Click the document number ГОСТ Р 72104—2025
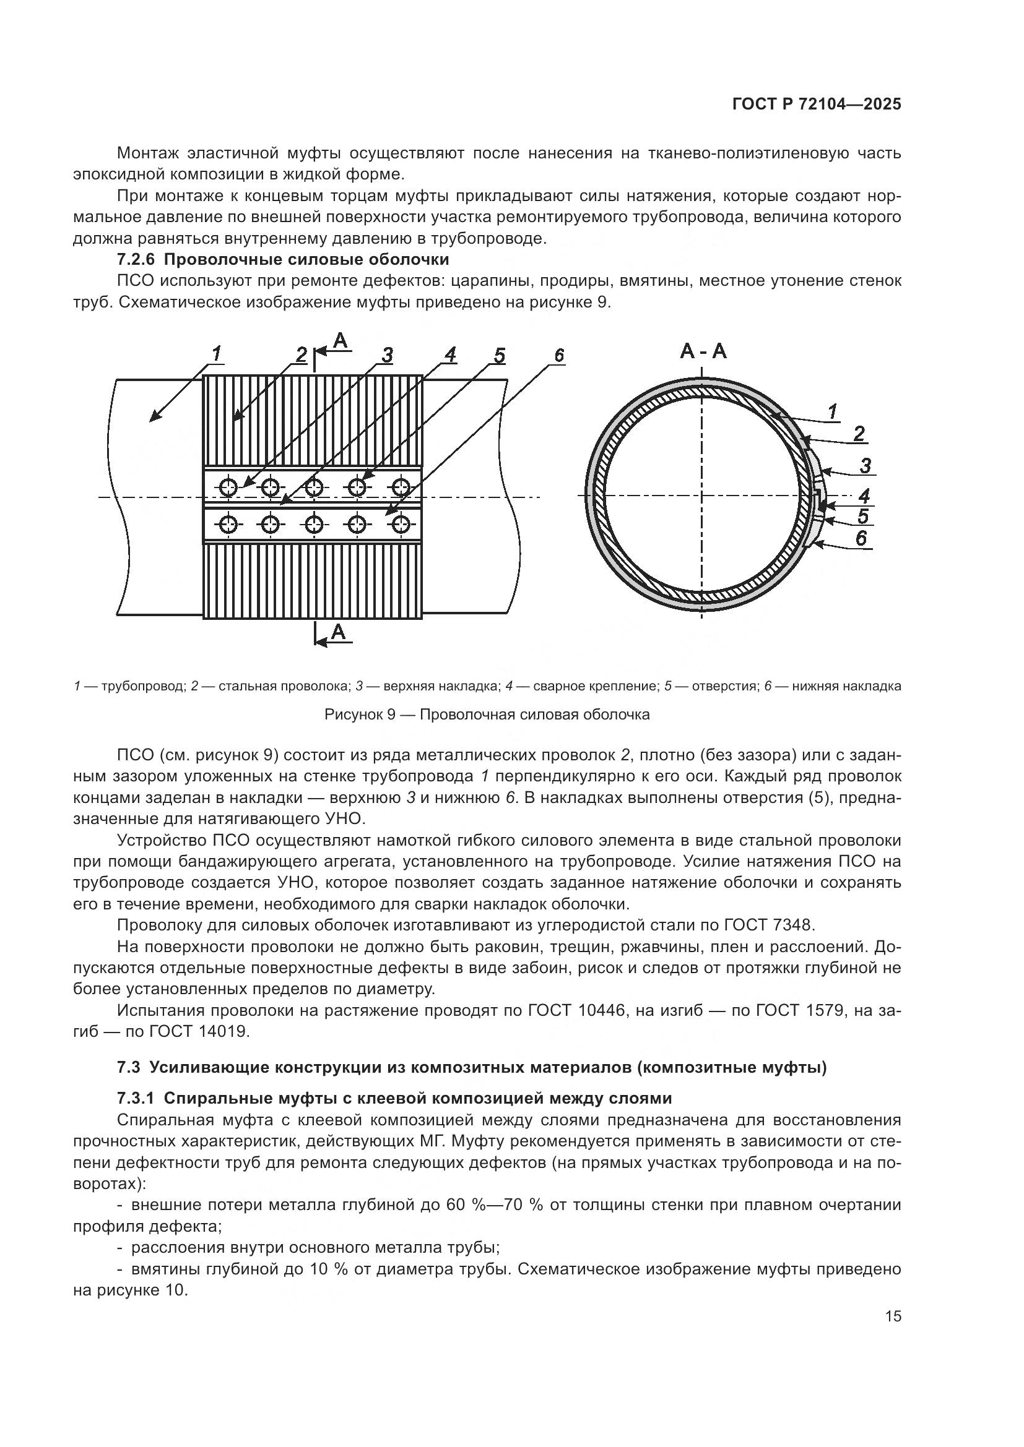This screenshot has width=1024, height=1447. tap(817, 105)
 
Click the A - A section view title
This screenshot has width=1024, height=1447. tap(703, 351)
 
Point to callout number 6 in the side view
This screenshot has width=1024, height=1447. tap(559, 356)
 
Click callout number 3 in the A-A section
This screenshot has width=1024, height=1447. tap(865, 466)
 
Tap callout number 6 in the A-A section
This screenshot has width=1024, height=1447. tap(861, 538)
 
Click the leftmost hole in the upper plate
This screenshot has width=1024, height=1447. tap(228, 486)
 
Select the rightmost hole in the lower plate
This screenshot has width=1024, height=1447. tap(401, 524)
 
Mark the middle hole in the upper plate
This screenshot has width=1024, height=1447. tap(314, 486)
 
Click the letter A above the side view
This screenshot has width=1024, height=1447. tap(340, 341)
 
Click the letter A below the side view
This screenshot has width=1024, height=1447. tap(339, 631)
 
